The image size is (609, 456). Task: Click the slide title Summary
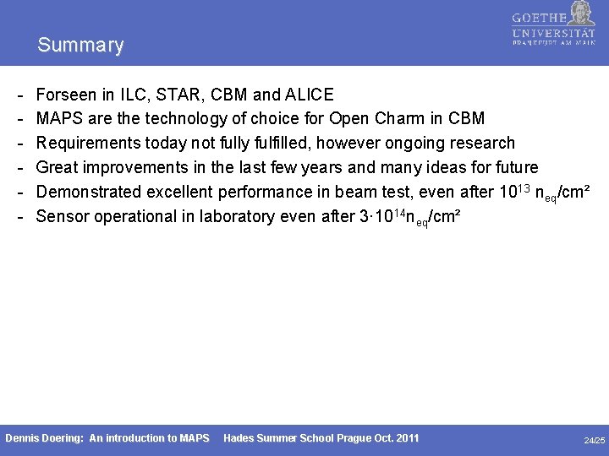tap(80, 45)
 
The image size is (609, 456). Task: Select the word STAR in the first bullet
tap(172, 95)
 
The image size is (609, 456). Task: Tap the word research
tap(480, 143)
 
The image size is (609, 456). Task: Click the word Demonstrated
tap(91, 192)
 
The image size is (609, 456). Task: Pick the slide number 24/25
tap(595, 440)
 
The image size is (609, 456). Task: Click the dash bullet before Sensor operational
tap(19, 216)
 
